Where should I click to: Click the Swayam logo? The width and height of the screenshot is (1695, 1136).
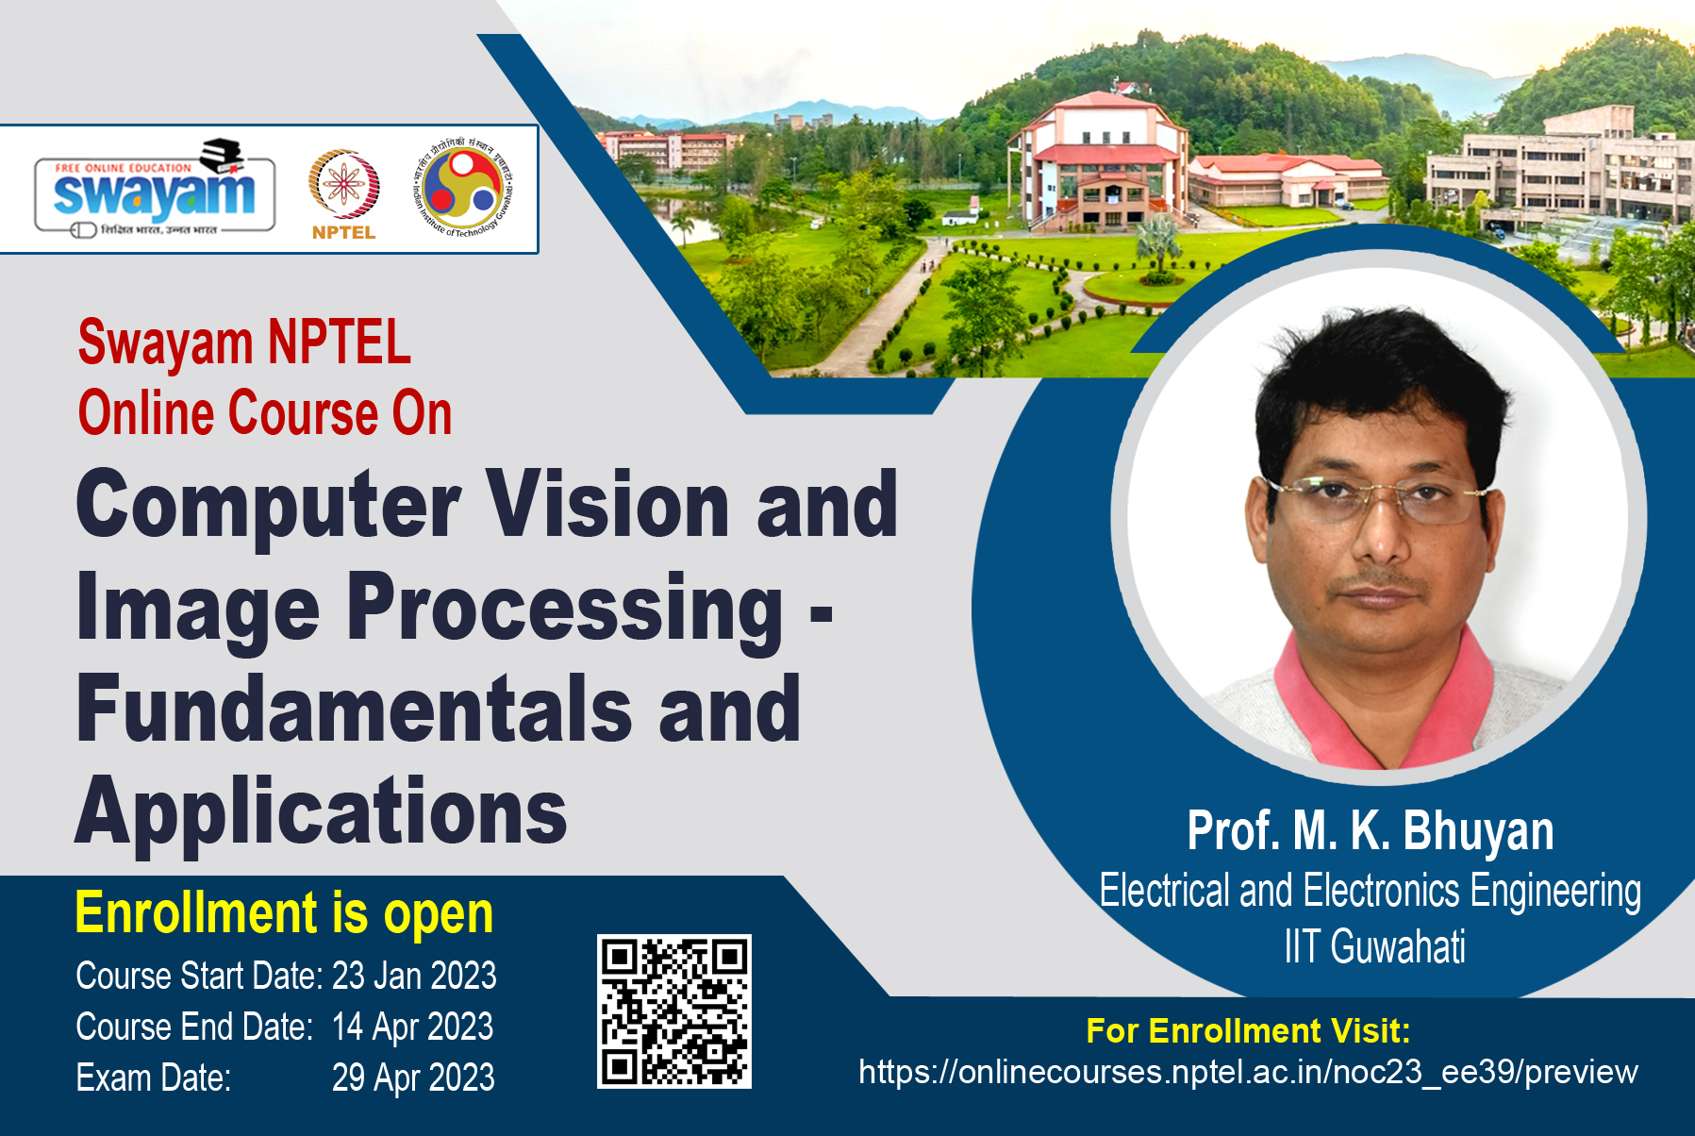(x=155, y=189)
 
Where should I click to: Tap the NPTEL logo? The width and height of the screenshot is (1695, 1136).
(x=344, y=194)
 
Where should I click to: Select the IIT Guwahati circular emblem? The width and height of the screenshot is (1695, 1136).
(x=462, y=186)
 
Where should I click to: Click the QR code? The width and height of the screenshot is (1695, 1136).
(x=674, y=1011)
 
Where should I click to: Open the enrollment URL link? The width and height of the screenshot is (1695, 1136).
(x=1248, y=1072)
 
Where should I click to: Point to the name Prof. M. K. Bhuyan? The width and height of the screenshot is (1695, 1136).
(x=1371, y=831)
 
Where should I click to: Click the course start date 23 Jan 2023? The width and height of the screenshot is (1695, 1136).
(x=414, y=976)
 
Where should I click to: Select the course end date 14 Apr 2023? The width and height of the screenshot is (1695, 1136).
(x=412, y=1027)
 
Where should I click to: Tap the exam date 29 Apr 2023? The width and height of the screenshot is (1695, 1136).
(x=413, y=1078)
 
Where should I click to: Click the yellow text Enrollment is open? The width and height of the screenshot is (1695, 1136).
(x=284, y=913)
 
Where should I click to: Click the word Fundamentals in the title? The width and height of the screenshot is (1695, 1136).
(x=355, y=709)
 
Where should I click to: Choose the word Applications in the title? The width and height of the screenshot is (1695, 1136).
(x=322, y=810)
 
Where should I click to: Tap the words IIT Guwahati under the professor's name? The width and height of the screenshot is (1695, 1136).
(x=1374, y=946)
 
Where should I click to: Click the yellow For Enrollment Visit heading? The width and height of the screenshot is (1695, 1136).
(x=1248, y=1030)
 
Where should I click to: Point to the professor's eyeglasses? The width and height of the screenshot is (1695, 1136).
(x=1380, y=497)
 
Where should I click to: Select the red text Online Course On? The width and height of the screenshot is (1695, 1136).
(x=265, y=413)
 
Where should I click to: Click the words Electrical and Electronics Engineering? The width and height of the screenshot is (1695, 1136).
(x=1371, y=891)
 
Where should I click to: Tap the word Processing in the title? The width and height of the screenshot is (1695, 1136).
(x=565, y=609)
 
